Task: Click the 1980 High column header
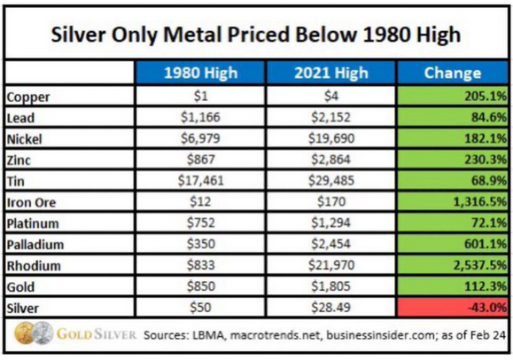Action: coord(200,73)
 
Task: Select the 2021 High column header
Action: coord(330,73)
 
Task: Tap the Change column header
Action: coord(453,73)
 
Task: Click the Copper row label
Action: coord(28,97)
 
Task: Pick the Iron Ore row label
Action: coord(31,202)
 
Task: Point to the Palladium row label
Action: coord(35,245)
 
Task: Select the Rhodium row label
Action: coord(34,266)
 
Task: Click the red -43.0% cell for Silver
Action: coord(453,308)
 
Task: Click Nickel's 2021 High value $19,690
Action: coord(331,138)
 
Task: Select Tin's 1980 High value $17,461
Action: coord(200,181)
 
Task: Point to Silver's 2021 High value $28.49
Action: coord(330,308)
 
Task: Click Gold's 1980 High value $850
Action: coord(201,286)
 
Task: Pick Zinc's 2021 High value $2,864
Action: coord(330,160)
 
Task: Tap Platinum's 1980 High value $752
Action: coord(201,223)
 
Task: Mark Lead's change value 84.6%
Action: coord(489,117)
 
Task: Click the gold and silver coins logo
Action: coord(34,333)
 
